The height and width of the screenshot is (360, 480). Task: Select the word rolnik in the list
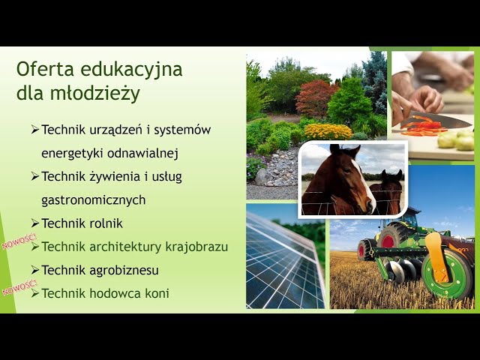point(106,223)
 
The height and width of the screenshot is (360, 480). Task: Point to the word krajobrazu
point(196,247)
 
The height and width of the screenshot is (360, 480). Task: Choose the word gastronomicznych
point(93,200)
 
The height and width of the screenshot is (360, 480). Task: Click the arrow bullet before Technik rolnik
point(35,223)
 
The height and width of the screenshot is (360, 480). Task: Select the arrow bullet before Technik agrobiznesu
point(35,270)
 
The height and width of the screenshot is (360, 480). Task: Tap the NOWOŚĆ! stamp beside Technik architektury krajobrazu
point(19,241)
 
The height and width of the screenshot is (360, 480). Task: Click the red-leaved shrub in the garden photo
point(316,97)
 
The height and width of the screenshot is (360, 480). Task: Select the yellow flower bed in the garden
point(328,132)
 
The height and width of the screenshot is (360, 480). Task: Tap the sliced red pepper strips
point(422,127)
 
